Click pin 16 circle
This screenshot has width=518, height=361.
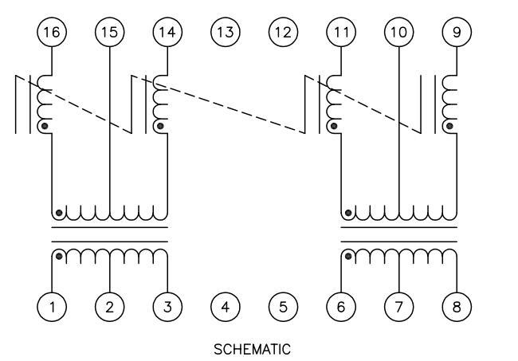coord(52,32)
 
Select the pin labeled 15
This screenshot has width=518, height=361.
coord(109,32)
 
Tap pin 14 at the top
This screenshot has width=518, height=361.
coord(167,32)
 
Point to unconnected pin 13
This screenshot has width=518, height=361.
coord(226,32)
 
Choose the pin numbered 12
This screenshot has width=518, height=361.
coord(283,32)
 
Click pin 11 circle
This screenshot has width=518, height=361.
coord(341,32)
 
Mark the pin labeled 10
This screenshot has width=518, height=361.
coord(398,32)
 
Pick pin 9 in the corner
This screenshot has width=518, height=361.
coord(457,32)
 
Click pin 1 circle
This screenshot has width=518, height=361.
coord(52,306)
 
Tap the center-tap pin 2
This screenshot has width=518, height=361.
coord(109,306)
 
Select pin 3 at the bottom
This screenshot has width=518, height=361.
coord(167,306)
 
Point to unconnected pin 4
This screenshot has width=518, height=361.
coord(226,306)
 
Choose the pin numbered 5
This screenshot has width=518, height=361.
coord(283,306)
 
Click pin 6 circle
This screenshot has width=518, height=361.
coord(341,306)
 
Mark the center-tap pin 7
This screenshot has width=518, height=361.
coord(398,306)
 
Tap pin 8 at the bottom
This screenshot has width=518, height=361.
coord(457,306)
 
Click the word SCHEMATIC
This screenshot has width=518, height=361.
coord(253,349)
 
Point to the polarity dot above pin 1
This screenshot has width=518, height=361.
coord(58,257)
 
